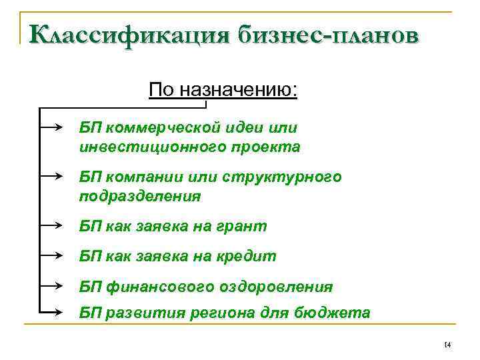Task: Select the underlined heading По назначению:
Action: (223, 89)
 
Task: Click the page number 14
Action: (447, 344)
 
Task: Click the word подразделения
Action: (139, 197)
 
